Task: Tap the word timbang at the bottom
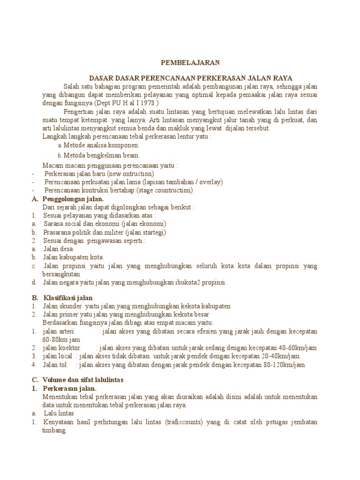(x=54, y=431)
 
